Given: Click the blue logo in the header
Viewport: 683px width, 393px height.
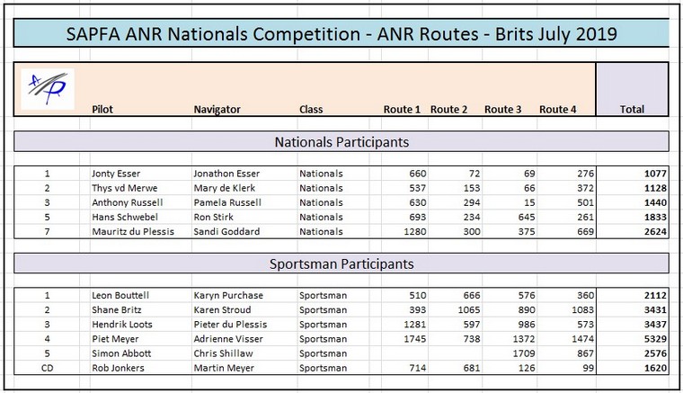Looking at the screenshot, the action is coord(48,88).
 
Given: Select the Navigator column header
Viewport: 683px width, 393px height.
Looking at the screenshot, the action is coord(217,110).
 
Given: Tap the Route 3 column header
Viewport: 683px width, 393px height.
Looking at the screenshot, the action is coord(502,110).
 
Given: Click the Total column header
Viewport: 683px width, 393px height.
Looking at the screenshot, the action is coord(632,110).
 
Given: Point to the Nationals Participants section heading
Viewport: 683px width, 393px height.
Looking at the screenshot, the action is coord(341,142).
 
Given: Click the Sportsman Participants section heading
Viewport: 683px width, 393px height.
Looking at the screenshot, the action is coord(341,264).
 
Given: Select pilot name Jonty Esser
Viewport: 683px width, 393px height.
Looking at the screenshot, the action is coord(116,174).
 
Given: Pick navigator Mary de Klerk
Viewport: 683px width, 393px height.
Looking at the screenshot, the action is coord(225,188).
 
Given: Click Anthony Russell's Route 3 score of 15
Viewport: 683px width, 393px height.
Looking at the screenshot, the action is coord(529,202).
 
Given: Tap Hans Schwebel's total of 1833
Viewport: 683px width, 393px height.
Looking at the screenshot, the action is coord(655,217).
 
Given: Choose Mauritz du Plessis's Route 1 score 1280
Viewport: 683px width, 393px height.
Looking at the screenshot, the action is coord(414,231).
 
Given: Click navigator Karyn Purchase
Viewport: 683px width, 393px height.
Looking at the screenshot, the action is coord(228,295).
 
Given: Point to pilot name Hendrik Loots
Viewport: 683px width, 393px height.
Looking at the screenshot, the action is coord(122,324).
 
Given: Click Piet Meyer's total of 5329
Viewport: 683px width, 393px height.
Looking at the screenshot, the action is coord(655,339).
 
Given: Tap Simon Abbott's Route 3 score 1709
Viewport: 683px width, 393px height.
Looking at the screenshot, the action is coord(524,353).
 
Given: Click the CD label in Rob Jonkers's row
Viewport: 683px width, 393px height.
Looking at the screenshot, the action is coord(47,368).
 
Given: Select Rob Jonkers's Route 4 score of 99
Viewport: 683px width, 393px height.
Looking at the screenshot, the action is coord(588,368).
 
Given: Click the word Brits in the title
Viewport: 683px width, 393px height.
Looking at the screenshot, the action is coord(513,33).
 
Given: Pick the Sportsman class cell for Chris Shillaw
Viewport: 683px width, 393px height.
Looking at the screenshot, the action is coord(323,353).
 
